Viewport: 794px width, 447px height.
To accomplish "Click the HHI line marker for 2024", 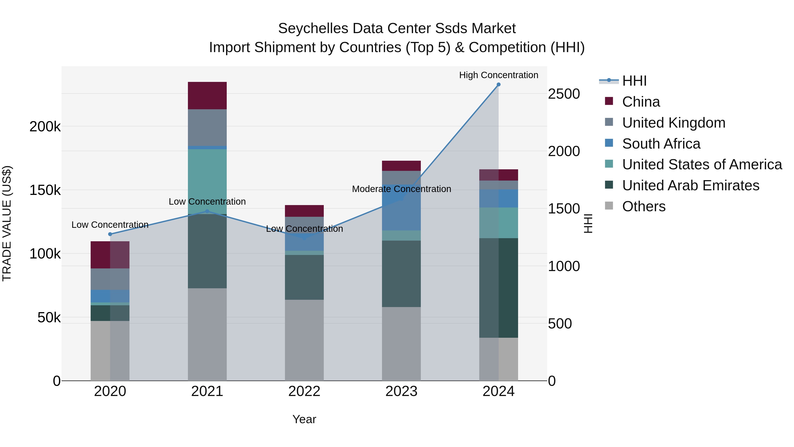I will click(x=498, y=85).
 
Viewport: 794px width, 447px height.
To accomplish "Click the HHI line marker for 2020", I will click(x=110, y=234).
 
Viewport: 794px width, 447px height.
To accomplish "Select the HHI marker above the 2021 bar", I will click(x=207, y=211).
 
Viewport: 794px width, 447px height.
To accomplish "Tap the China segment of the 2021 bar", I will click(x=207, y=96).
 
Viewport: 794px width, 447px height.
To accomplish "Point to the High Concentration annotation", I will click(x=498, y=75).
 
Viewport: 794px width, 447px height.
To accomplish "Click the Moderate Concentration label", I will click(x=401, y=189).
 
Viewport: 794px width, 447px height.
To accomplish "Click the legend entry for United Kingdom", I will click(x=674, y=123).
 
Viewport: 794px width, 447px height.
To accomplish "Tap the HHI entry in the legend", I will click(x=634, y=81).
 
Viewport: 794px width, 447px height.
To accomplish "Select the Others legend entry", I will click(x=644, y=206).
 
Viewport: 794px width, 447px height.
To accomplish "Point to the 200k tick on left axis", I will click(x=45, y=126).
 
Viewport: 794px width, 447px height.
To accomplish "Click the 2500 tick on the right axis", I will click(x=564, y=94).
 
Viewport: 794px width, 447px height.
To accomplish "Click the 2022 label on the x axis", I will click(x=304, y=391).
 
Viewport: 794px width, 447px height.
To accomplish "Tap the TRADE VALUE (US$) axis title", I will click(x=7, y=223).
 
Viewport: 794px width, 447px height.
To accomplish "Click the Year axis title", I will click(x=304, y=419).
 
